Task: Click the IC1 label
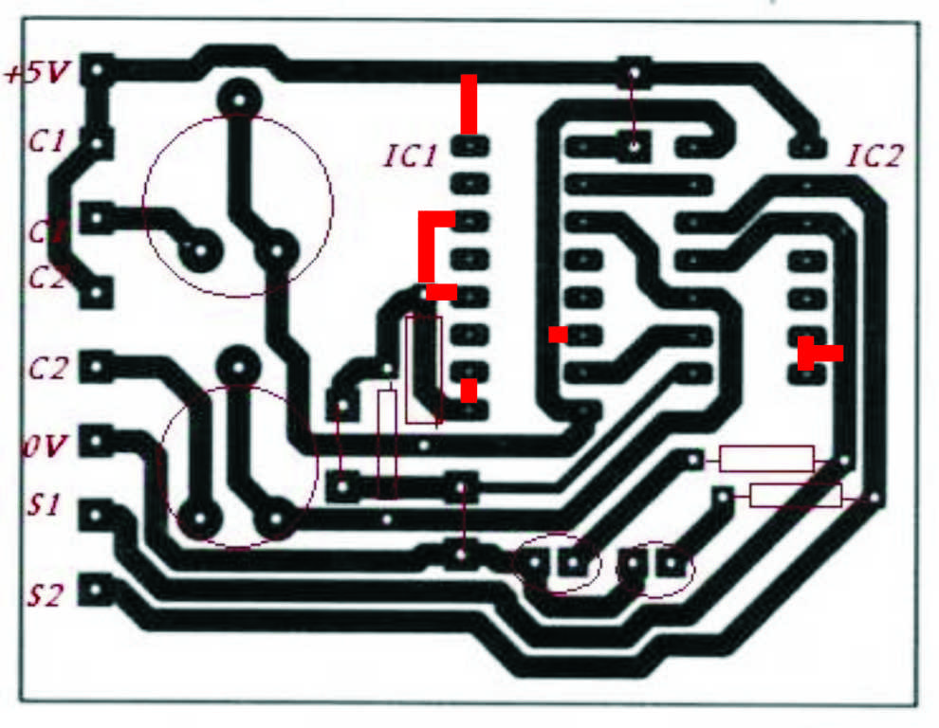[411, 155]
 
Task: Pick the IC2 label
[875, 155]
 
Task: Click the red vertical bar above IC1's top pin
[469, 103]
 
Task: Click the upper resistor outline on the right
[766, 459]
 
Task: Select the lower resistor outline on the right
[796, 495]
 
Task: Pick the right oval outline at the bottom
[655, 568]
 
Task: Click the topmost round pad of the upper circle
[238, 98]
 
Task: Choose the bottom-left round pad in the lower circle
[200, 519]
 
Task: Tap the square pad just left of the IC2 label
[807, 147]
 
